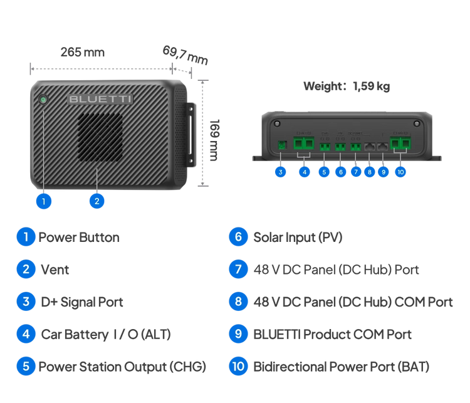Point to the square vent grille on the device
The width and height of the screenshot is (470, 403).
(x=100, y=137)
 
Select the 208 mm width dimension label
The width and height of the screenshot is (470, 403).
(x=82, y=53)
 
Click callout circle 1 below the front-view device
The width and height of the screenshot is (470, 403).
(x=43, y=201)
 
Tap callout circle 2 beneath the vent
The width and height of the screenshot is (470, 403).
(x=97, y=201)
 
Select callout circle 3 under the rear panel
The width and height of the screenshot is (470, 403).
(x=280, y=171)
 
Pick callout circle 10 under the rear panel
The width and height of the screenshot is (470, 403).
(x=400, y=171)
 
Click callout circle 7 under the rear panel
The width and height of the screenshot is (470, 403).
(x=356, y=171)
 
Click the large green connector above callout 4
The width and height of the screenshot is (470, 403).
(x=304, y=144)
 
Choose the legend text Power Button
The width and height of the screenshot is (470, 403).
(x=79, y=237)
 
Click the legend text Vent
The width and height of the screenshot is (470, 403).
(x=55, y=270)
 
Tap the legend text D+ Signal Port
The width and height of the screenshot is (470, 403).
(x=81, y=301)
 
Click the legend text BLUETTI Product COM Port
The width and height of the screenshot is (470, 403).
(x=332, y=334)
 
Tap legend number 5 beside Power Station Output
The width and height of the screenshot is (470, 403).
(x=26, y=366)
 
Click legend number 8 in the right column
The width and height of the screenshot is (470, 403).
(x=238, y=301)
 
